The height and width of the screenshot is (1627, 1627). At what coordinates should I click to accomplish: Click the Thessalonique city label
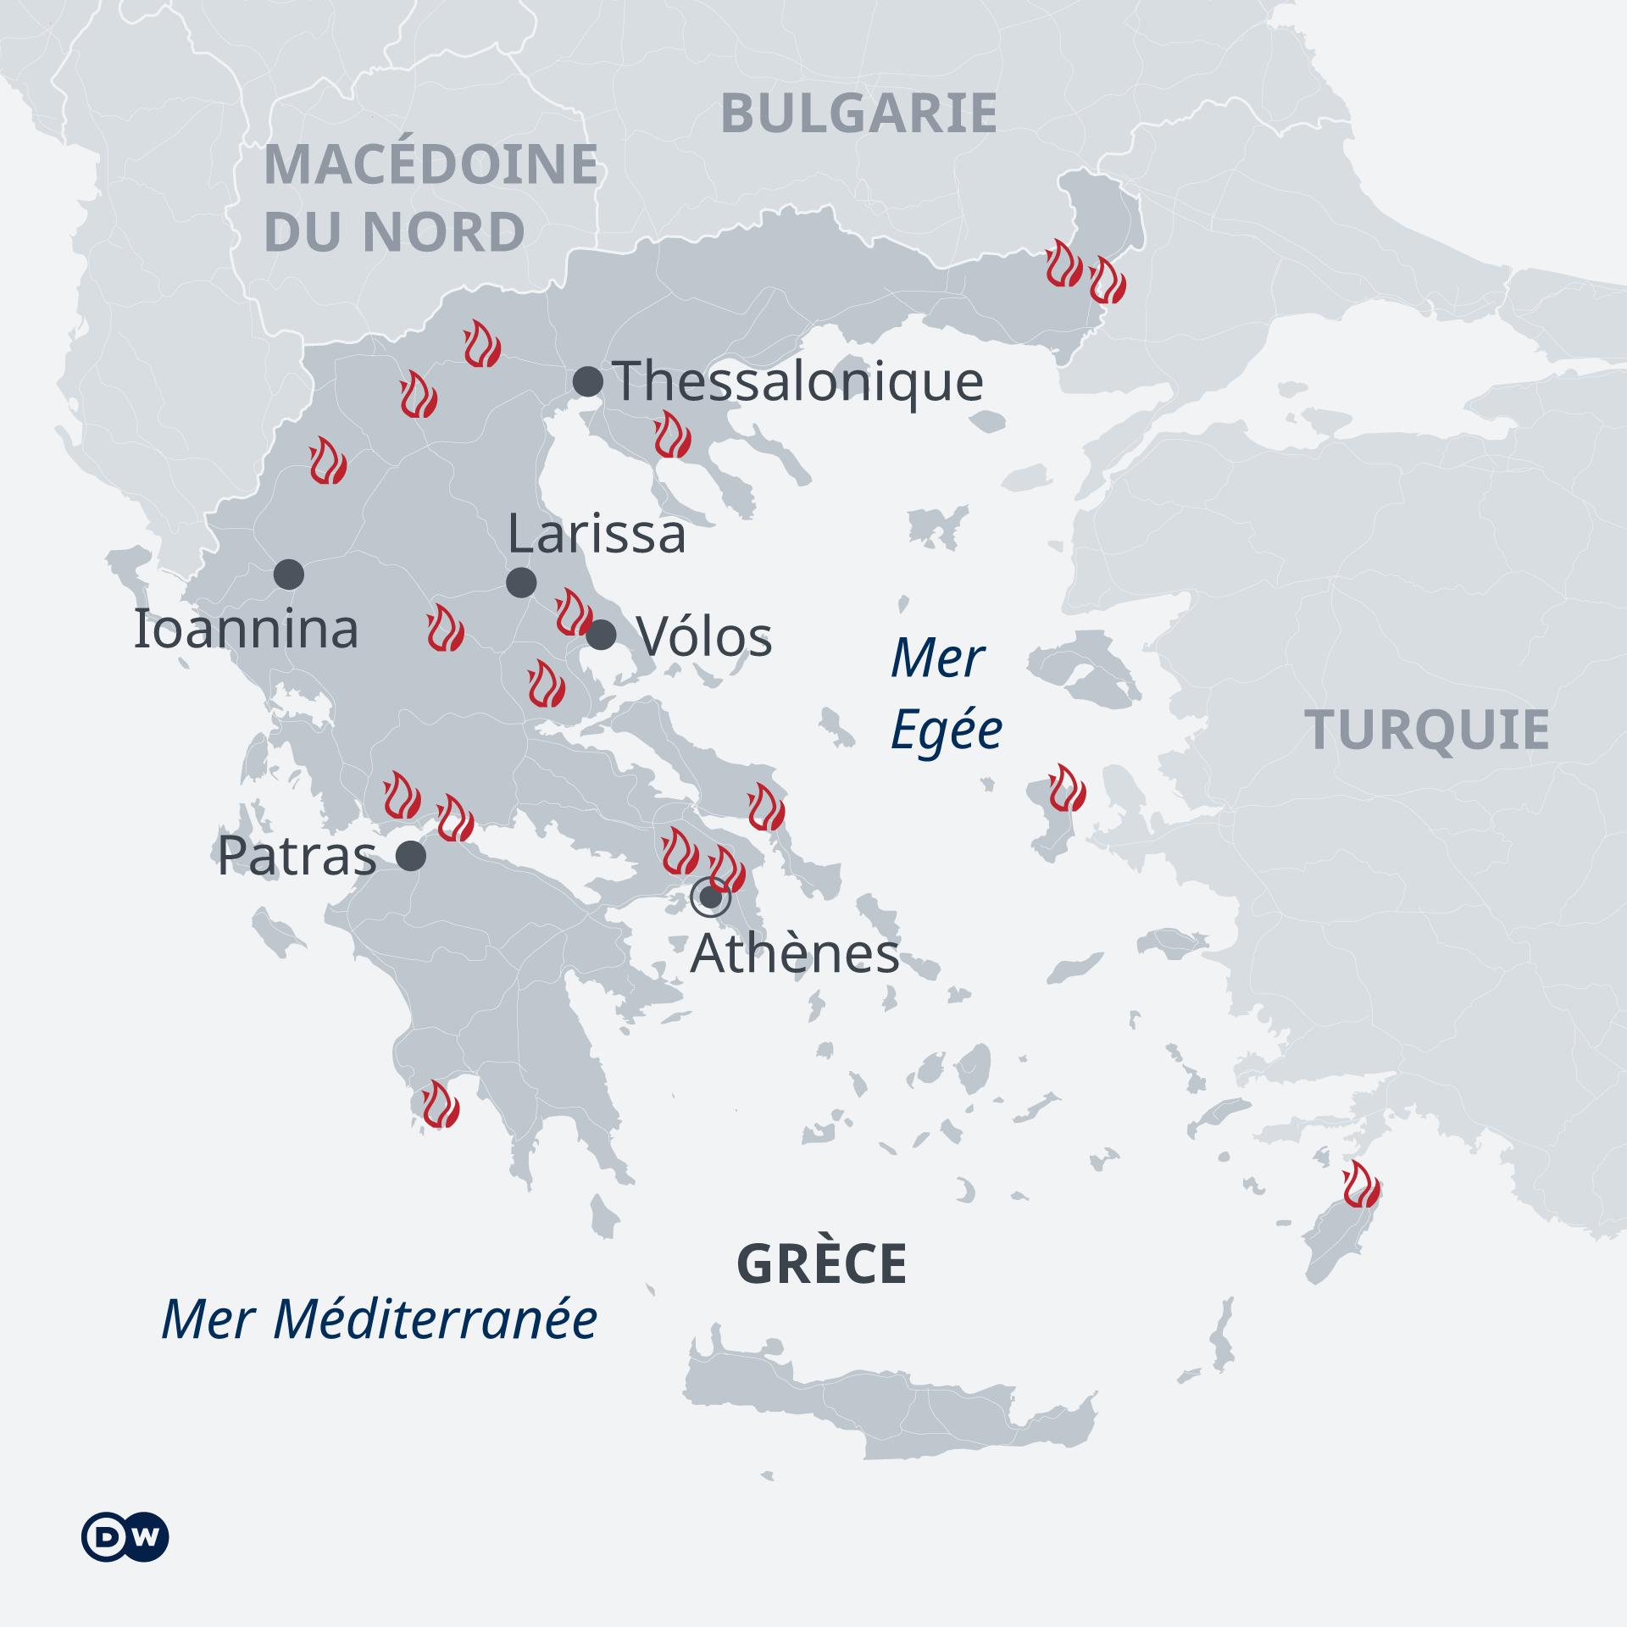pyautogui.click(x=797, y=381)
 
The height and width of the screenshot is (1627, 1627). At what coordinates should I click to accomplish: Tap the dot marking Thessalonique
pyautogui.click(x=588, y=381)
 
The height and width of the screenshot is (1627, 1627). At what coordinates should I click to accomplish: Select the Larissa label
pyautogui.click(x=597, y=535)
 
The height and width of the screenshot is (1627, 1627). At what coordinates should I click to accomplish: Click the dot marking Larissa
pyautogui.click(x=521, y=582)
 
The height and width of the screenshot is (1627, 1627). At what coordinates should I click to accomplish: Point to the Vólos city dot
pyautogui.click(x=602, y=634)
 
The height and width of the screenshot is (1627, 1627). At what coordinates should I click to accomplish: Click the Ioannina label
pyautogui.click(x=246, y=630)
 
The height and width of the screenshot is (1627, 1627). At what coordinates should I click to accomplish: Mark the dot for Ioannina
pyautogui.click(x=289, y=575)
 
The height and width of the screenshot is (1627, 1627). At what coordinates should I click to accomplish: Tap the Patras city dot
pyautogui.click(x=411, y=856)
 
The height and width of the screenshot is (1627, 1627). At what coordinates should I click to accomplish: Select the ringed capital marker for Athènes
pyautogui.click(x=710, y=897)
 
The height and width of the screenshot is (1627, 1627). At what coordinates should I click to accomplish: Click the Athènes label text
pyautogui.click(x=795, y=954)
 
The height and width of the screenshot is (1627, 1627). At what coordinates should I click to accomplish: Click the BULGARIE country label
pyautogui.click(x=858, y=114)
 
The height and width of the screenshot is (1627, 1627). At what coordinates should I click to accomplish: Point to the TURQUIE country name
pyautogui.click(x=1427, y=730)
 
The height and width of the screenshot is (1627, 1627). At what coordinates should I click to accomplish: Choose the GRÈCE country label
pyautogui.click(x=822, y=1264)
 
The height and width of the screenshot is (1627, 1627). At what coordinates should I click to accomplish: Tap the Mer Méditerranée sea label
pyautogui.click(x=379, y=1319)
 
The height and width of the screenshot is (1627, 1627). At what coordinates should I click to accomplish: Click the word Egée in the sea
pyautogui.click(x=947, y=730)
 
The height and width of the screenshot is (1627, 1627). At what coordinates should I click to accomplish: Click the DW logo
pyautogui.click(x=125, y=1535)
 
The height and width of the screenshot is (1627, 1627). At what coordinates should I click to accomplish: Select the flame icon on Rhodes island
pyautogui.click(x=1362, y=1185)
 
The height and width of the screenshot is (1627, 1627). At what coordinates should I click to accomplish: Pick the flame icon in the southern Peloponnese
pyautogui.click(x=441, y=1104)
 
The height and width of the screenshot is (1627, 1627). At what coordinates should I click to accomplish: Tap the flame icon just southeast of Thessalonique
pyautogui.click(x=673, y=435)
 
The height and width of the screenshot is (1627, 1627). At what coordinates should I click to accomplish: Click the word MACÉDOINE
pyautogui.click(x=430, y=164)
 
